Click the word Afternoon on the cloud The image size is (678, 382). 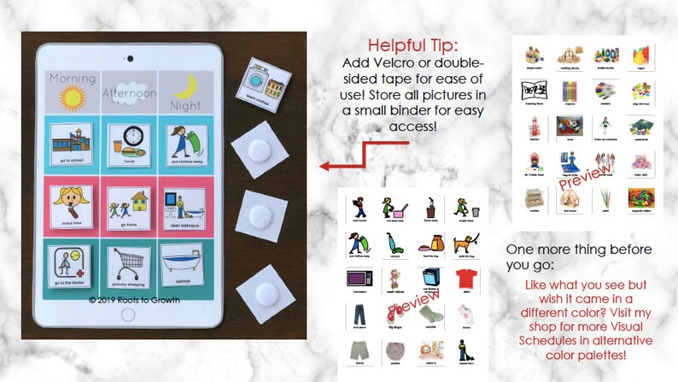[126, 92]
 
